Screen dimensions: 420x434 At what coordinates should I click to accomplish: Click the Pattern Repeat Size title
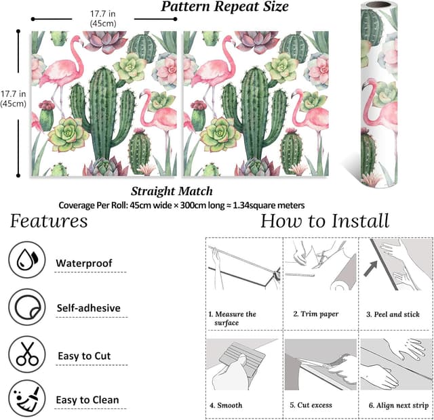[x=224, y=7]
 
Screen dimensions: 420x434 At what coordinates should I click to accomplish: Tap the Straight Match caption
[x=172, y=191]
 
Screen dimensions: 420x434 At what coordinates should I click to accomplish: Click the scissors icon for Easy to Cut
[x=27, y=354]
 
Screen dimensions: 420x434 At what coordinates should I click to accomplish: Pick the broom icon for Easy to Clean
[x=27, y=399]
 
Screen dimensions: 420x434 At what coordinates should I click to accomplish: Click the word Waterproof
[x=83, y=263]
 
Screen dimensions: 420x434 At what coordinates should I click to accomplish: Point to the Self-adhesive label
[x=88, y=308]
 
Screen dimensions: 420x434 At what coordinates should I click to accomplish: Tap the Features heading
[x=48, y=222]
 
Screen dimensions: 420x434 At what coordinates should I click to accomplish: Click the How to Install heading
[x=325, y=221]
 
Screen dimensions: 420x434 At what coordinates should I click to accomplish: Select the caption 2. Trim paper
[x=315, y=314]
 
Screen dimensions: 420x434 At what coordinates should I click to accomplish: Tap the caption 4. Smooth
[x=226, y=405]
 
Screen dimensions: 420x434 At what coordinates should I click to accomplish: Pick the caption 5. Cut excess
[x=311, y=405]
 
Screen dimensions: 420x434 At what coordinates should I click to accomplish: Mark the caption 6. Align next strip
[x=398, y=405]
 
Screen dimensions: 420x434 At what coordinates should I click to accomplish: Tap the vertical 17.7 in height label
[x=13, y=98]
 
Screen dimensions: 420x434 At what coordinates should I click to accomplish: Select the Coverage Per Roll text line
[x=181, y=205]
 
